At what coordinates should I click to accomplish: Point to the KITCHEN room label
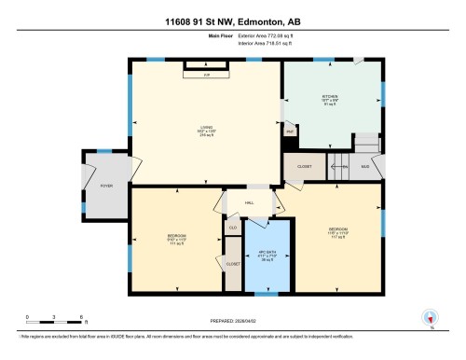click(328, 95)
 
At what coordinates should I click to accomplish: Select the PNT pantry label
click(290, 132)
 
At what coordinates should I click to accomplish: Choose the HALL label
click(250, 202)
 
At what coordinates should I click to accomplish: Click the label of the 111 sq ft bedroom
click(175, 235)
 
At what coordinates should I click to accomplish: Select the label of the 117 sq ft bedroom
click(336, 228)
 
